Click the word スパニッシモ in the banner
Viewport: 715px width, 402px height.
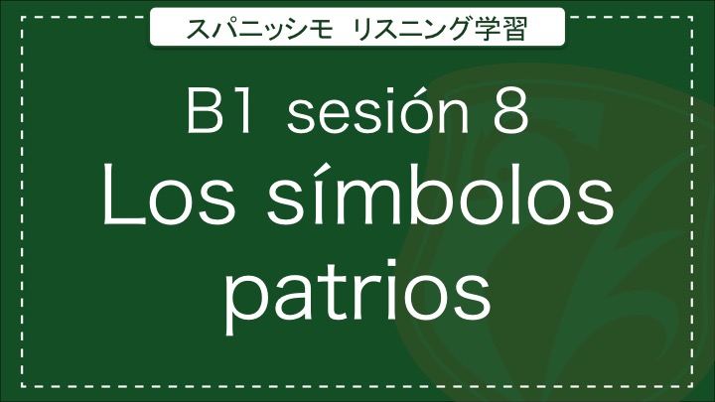259,28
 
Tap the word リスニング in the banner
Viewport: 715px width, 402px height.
412,28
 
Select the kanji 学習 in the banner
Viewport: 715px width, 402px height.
500,28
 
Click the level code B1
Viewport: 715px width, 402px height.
219,111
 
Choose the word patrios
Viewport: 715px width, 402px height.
357,291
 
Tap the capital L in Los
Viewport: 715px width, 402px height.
118,196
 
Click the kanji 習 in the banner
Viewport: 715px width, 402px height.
514,28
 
